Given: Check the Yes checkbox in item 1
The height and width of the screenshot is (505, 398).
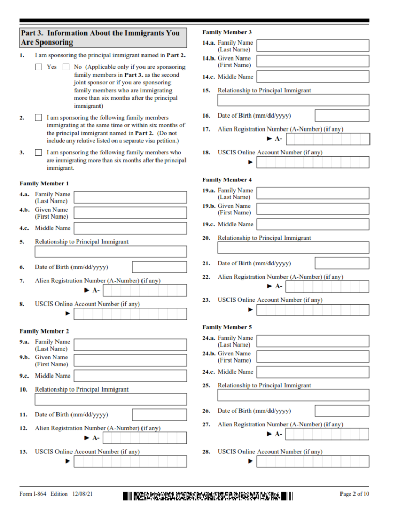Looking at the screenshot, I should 39,67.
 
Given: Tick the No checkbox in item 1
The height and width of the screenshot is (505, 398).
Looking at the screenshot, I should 66,67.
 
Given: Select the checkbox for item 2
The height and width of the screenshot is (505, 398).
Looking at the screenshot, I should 39,118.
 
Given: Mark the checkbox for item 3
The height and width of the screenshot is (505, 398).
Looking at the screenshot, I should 39,153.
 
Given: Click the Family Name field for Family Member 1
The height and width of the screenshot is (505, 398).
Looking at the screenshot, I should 130,197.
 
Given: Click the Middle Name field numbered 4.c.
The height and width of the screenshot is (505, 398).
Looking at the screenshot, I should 130,228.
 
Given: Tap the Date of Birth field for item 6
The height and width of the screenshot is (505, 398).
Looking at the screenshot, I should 159,267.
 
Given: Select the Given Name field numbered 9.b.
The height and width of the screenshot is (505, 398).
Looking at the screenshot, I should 130,360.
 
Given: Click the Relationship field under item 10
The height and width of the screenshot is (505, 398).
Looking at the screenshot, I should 110,399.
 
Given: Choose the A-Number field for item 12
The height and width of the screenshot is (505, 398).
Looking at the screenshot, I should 145,438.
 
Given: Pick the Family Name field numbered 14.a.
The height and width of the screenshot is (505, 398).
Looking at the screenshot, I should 313,46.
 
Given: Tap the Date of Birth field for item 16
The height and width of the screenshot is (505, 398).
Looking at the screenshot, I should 342,116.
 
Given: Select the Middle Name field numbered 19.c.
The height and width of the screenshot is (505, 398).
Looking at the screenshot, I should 313,224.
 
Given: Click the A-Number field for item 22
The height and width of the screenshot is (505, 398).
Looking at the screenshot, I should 328,286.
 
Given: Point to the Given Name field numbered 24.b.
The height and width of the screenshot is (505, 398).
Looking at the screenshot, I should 313,357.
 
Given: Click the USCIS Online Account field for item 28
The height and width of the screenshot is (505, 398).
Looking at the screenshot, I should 313,461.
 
